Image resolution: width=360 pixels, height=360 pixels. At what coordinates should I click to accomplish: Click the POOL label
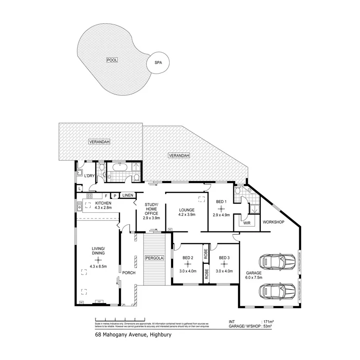click(x=112, y=60)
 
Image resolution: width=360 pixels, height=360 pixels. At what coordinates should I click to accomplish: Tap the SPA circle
click(x=158, y=62)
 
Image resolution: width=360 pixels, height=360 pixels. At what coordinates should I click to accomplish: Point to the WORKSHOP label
click(x=273, y=222)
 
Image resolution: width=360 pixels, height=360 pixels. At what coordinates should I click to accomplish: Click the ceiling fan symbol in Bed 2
click(x=187, y=264)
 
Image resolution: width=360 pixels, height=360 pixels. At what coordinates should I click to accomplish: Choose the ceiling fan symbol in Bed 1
click(x=221, y=208)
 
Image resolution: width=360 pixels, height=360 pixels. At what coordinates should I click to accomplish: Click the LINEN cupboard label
click(x=128, y=195)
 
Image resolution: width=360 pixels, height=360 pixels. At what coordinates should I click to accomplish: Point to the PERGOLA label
click(x=154, y=258)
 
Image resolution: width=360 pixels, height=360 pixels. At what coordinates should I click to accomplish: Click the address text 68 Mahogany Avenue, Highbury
click(x=133, y=335)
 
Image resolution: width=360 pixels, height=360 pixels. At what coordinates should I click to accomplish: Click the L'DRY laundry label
click(x=89, y=176)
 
